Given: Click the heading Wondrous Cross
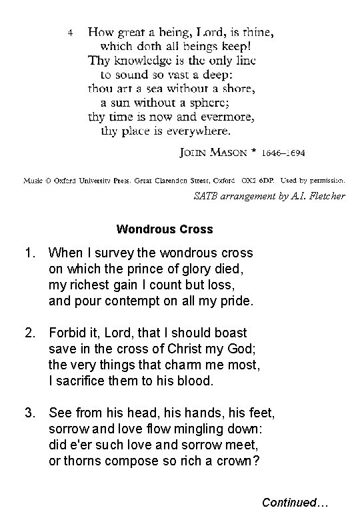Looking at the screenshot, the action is point(165,229).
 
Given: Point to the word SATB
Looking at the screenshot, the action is point(205,196).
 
